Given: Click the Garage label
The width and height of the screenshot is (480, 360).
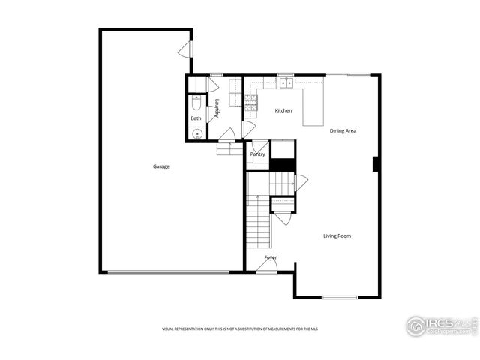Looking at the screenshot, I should pyautogui.click(x=161, y=166).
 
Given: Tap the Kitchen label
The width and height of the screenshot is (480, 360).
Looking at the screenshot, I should pyautogui.click(x=283, y=111).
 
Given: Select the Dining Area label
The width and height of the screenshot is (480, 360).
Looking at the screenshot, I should pyautogui.click(x=343, y=131).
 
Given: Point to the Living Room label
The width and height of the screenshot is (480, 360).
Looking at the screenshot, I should pyautogui.click(x=337, y=236).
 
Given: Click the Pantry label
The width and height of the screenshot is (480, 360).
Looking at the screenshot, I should pyautogui.click(x=258, y=154).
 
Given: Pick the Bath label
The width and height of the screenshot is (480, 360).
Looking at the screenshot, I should pyautogui.click(x=196, y=118).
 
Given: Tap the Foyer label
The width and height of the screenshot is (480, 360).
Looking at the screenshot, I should pyautogui.click(x=270, y=257).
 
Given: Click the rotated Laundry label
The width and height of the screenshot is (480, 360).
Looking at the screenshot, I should pyautogui.click(x=217, y=109).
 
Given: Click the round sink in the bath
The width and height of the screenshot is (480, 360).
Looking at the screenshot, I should pyautogui.click(x=196, y=135).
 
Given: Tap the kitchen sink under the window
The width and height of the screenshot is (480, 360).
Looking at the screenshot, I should pyautogui.click(x=285, y=83).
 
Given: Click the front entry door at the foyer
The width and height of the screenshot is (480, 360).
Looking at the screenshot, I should pyautogui.click(x=267, y=267).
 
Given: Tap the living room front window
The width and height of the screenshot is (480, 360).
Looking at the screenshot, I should pyautogui.click(x=340, y=298).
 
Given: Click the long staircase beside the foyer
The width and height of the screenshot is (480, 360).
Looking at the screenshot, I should pyautogui.click(x=259, y=220).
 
